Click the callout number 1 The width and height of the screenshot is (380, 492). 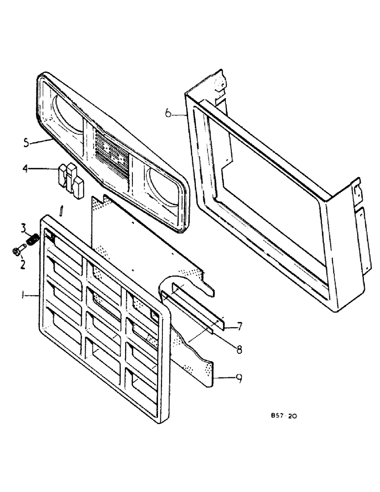coord(23,295)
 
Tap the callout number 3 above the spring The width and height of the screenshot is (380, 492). coord(23,227)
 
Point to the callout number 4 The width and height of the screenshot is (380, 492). coord(25,169)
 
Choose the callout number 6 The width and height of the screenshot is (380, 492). coord(168,114)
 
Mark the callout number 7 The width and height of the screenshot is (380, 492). coord(239,326)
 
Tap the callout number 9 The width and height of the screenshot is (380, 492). coord(239,378)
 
